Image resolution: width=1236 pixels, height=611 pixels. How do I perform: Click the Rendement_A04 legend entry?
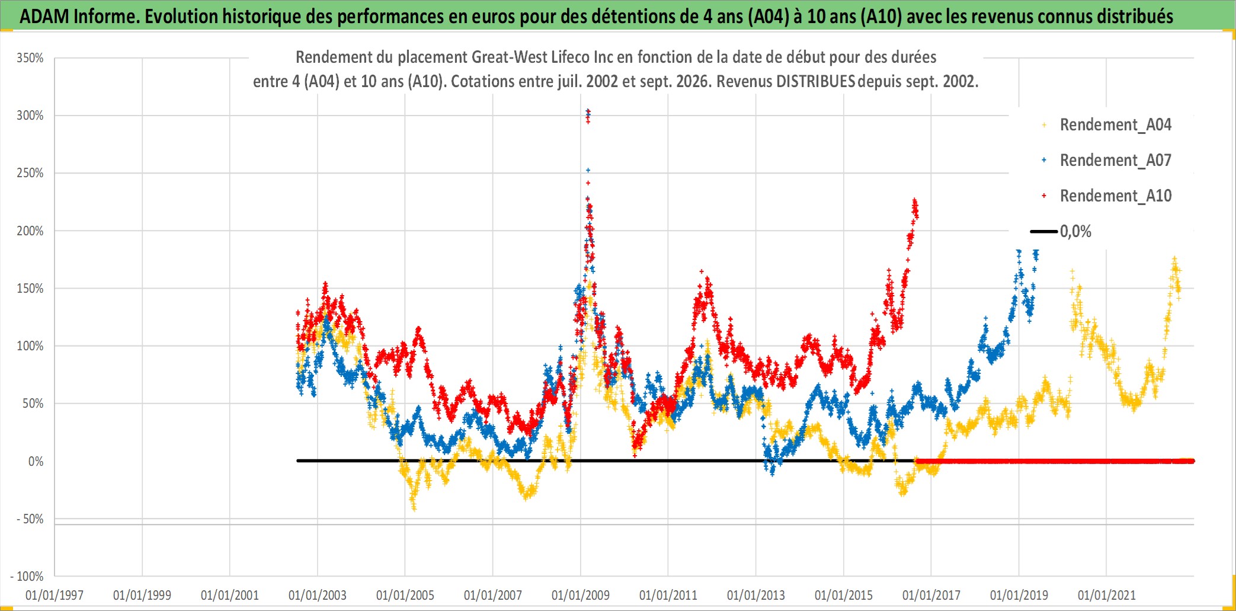coord(1106,124)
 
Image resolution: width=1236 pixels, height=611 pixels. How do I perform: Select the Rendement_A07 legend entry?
coord(1106,160)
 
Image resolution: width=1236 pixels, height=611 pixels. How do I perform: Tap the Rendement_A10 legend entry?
coord(1106,196)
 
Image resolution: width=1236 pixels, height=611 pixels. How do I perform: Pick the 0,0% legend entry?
coord(1061,231)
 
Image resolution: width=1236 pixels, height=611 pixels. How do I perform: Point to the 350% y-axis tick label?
coord(30,58)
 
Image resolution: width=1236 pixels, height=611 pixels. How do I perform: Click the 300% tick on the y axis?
coord(30,116)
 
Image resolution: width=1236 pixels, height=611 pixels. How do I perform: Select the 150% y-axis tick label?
coord(30,289)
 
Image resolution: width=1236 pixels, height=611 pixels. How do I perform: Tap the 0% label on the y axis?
coord(36,462)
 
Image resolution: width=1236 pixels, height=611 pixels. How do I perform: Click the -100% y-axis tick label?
coord(27,577)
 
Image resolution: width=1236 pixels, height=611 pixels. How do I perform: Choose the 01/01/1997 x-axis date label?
coord(55,595)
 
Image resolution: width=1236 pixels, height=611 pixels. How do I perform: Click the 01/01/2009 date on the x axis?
coord(581,595)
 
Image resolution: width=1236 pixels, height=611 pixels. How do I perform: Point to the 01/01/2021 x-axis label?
coord(1107,595)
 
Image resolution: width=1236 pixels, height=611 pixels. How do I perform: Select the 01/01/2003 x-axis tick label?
coord(318,595)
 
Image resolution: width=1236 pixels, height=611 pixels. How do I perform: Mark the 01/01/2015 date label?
coord(844,595)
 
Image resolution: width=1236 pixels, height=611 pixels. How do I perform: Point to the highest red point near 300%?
coord(588,111)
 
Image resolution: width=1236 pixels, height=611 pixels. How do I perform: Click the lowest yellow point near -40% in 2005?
coord(414,508)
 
